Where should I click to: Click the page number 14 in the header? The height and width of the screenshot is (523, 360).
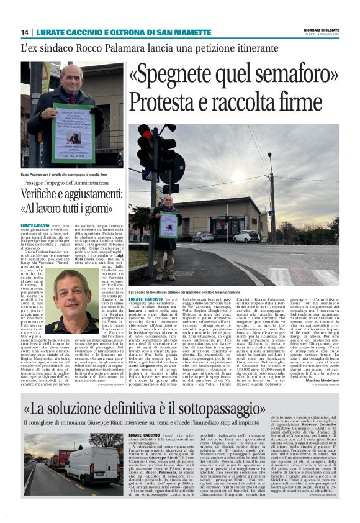click(x=24, y=32)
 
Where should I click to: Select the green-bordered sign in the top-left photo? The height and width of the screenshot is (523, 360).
click(x=73, y=124)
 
